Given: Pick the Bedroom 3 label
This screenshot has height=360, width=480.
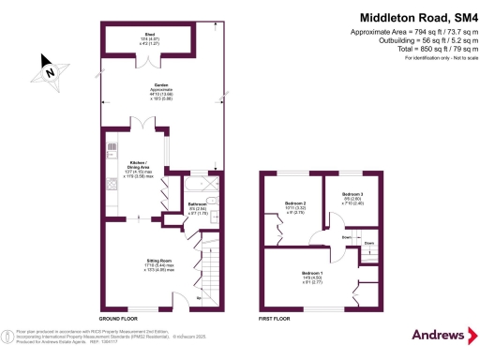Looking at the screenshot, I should [354, 195].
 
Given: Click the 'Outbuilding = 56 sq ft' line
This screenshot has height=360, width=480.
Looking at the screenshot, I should [421, 40].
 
